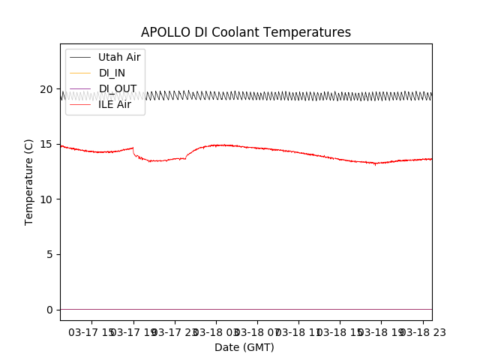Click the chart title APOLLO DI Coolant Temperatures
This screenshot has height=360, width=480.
[245, 33]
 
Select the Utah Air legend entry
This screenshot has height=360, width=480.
[119, 58]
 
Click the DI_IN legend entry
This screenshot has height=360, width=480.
[112, 73]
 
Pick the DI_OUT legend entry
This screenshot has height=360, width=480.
[118, 88]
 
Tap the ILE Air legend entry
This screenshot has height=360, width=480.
[115, 104]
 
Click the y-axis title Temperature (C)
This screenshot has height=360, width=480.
[29, 181]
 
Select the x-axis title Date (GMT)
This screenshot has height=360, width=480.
[244, 347]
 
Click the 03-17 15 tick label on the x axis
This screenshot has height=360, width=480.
[92, 332]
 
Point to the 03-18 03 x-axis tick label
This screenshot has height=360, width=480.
[216, 332]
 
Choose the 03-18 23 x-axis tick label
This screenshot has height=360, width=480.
[422, 332]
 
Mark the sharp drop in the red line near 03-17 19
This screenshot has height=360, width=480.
[134, 152]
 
